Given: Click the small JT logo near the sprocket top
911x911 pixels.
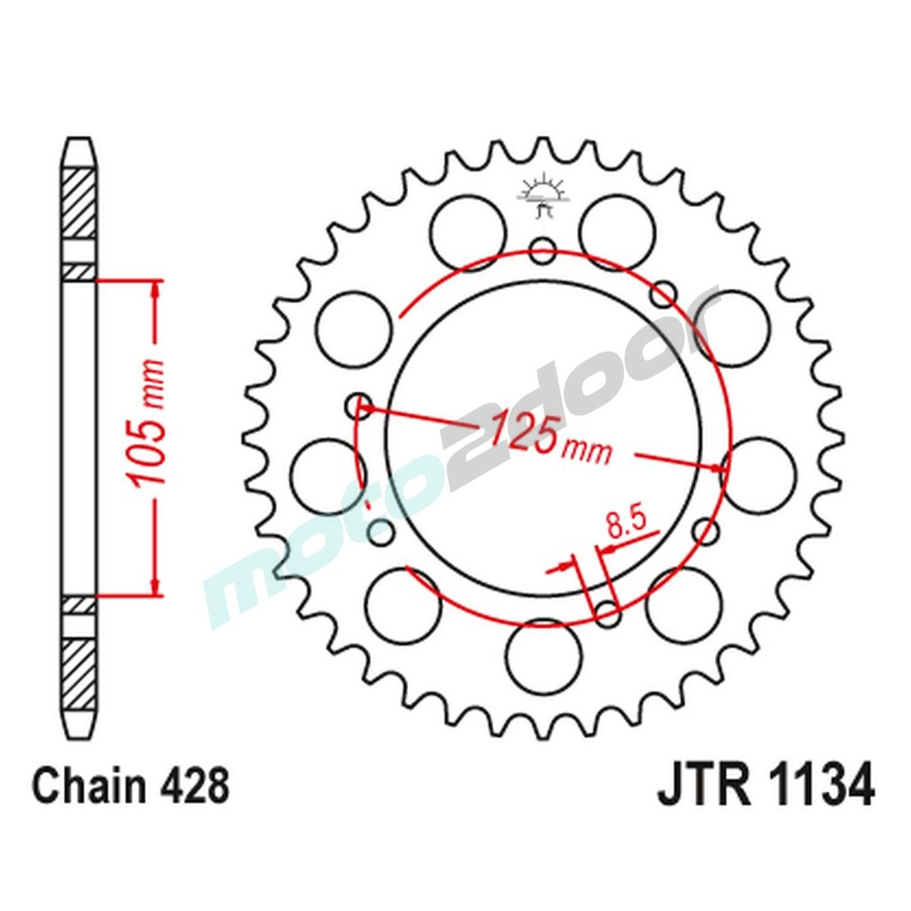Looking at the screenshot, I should click(543, 193).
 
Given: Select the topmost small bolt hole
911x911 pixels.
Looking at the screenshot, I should click(544, 250).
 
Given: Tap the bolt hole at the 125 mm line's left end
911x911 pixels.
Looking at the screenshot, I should click(361, 405).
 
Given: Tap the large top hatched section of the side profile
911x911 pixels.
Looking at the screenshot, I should click(77, 202).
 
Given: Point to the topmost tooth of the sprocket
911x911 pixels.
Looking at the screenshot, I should click(544, 148).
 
